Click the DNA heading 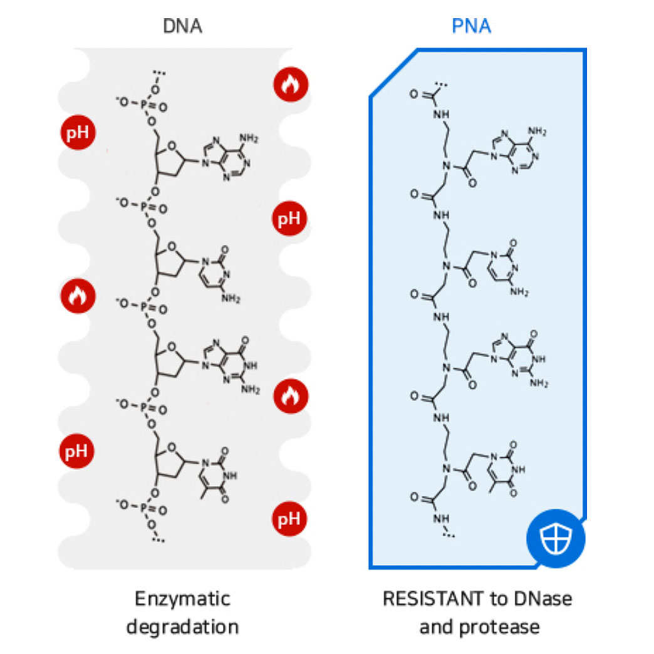pyautogui.click(x=182, y=26)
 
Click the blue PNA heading pyautogui.click(x=472, y=26)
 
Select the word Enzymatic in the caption pyautogui.click(x=182, y=598)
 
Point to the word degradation pyautogui.click(x=182, y=626)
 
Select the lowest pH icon pyautogui.click(x=290, y=519)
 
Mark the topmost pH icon pyautogui.click(x=77, y=133)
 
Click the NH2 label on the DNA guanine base pyautogui.click(x=249, y=389)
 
